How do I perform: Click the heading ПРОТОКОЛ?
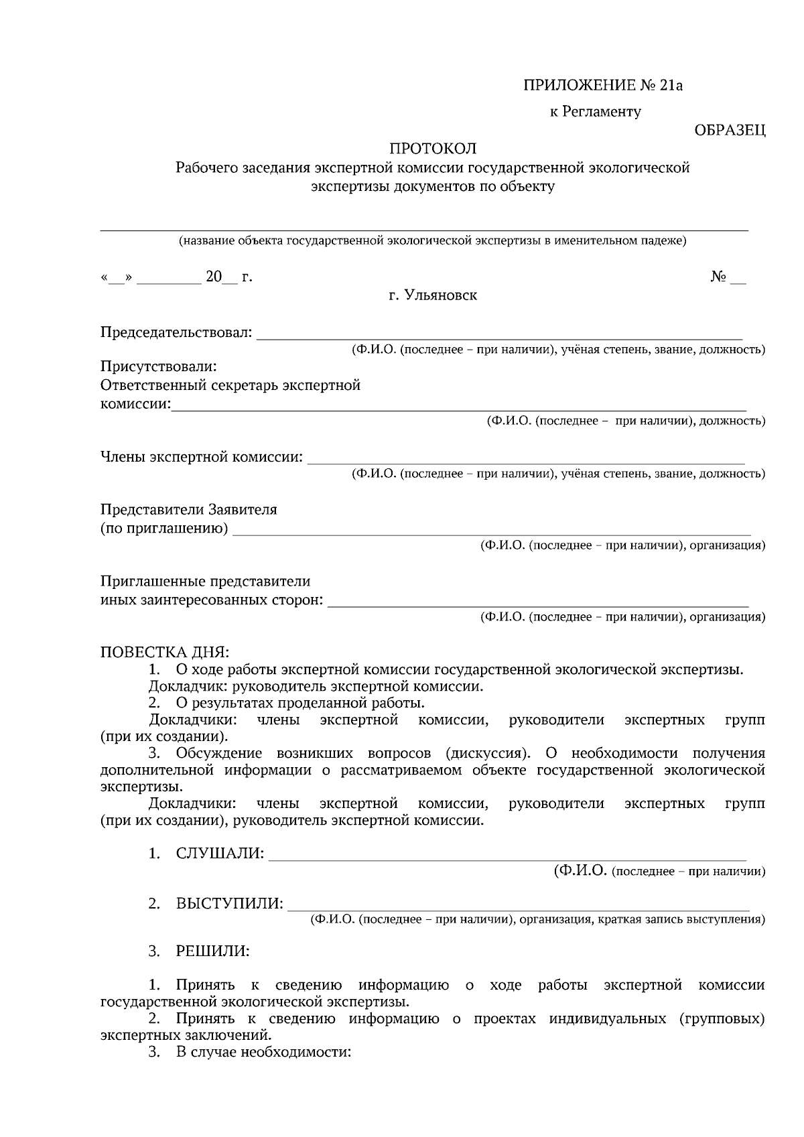pos(433,148)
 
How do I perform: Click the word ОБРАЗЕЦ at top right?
pos(730,130)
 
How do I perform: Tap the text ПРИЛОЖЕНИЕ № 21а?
pos(602,86)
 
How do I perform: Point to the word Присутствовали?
pos(158,366)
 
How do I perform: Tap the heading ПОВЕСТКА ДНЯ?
pos(164,652)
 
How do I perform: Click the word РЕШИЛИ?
pos(212,951)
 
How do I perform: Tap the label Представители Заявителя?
pos(188,509)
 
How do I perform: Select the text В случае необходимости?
pos(263,1052)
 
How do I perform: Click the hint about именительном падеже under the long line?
pos(432,241)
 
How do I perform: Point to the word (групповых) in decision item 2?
pos(721,1018)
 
